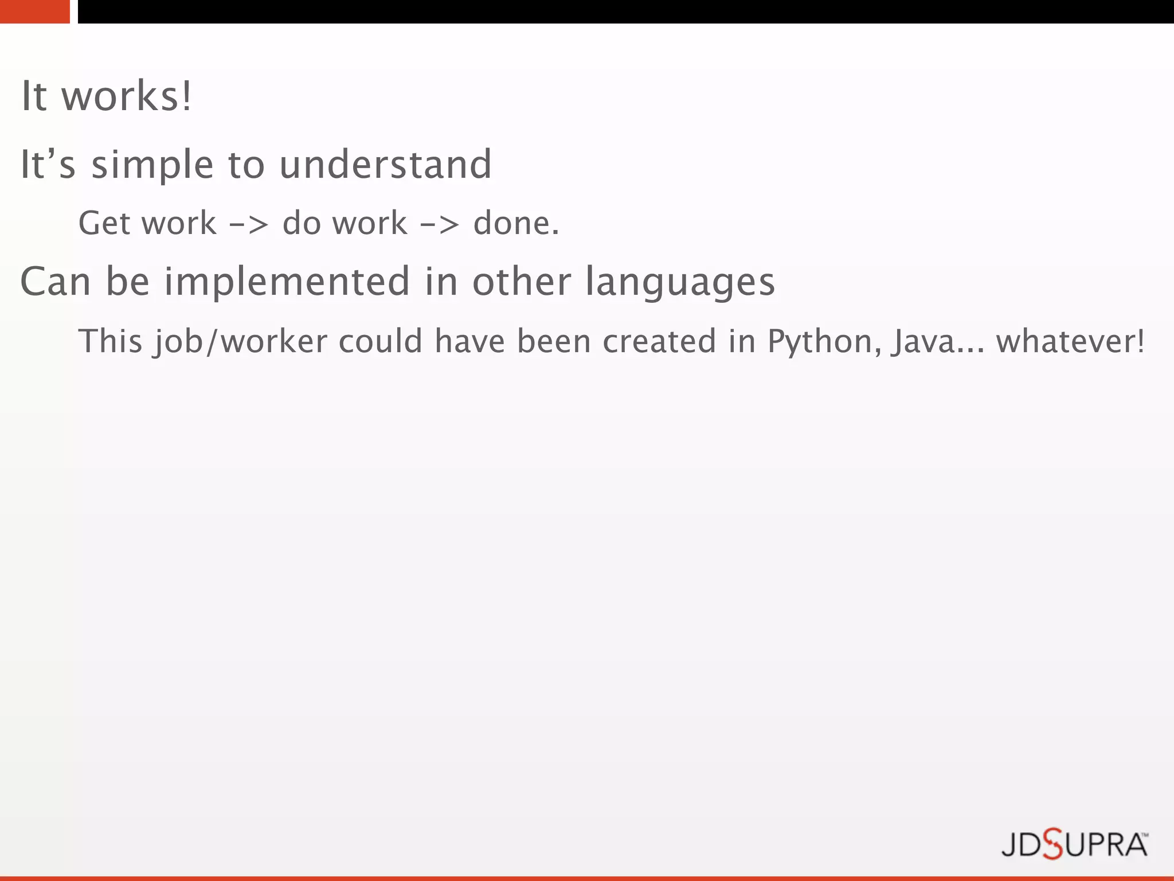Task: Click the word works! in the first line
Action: click(127, 96)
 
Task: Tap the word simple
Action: click(153, 165)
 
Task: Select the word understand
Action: click(385, 165)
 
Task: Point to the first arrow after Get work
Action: click(248, 224)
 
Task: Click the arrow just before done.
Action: click(439, 224)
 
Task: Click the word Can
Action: click(56, 282)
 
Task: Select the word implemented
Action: click(287, 282)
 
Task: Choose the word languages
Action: click(679, 283)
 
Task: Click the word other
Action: click(522, 282)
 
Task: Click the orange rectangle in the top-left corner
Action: click(34, 11)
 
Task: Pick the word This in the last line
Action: click(110, 341)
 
